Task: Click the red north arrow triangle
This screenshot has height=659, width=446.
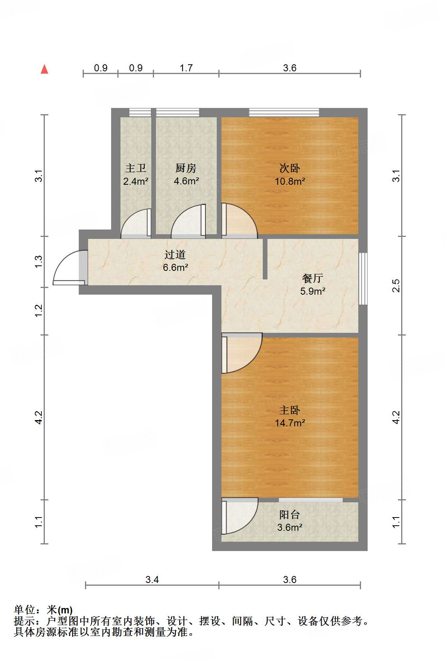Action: (x=45, y=69)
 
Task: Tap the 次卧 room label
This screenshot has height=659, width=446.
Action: (x=290, y=168)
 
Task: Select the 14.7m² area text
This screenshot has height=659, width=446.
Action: (x=290, y=423)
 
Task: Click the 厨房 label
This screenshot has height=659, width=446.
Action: (x=186, y=168)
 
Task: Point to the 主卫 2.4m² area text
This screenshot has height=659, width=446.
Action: (x=136, y=181)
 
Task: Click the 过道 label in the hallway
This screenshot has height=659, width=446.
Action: (x=175, y=254)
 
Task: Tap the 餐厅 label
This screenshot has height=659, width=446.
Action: (x=313, y=278)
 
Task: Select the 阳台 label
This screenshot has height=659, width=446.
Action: (x=290, y=515)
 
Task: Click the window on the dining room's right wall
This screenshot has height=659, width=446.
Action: (x=363, y=279)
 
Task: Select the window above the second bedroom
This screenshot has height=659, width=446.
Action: (x=284, y=113)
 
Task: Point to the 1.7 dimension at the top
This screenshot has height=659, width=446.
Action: (x=186, y=68)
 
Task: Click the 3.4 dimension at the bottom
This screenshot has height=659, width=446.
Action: (x=152, y=579)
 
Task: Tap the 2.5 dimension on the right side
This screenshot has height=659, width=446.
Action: (x=396, y=286)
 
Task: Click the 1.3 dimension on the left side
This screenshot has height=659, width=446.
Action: (x=39, y=261)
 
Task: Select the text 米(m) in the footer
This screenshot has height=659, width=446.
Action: (x=60, y=610)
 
